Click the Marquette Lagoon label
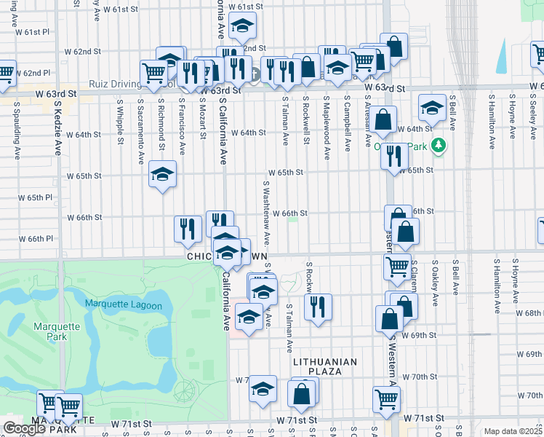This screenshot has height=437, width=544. click(123, 305)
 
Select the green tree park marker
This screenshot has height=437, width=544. click(438, 146)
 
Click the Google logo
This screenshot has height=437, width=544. click(24, 429)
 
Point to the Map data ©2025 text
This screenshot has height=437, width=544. click(513, 431)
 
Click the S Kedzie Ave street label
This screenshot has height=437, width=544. click(57, 128)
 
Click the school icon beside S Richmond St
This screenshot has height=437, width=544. click(163, 174)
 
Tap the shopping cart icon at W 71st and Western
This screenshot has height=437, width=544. click(386, 398)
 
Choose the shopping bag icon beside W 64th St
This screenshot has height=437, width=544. click(385, 118)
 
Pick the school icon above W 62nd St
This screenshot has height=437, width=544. click(241, 27)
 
